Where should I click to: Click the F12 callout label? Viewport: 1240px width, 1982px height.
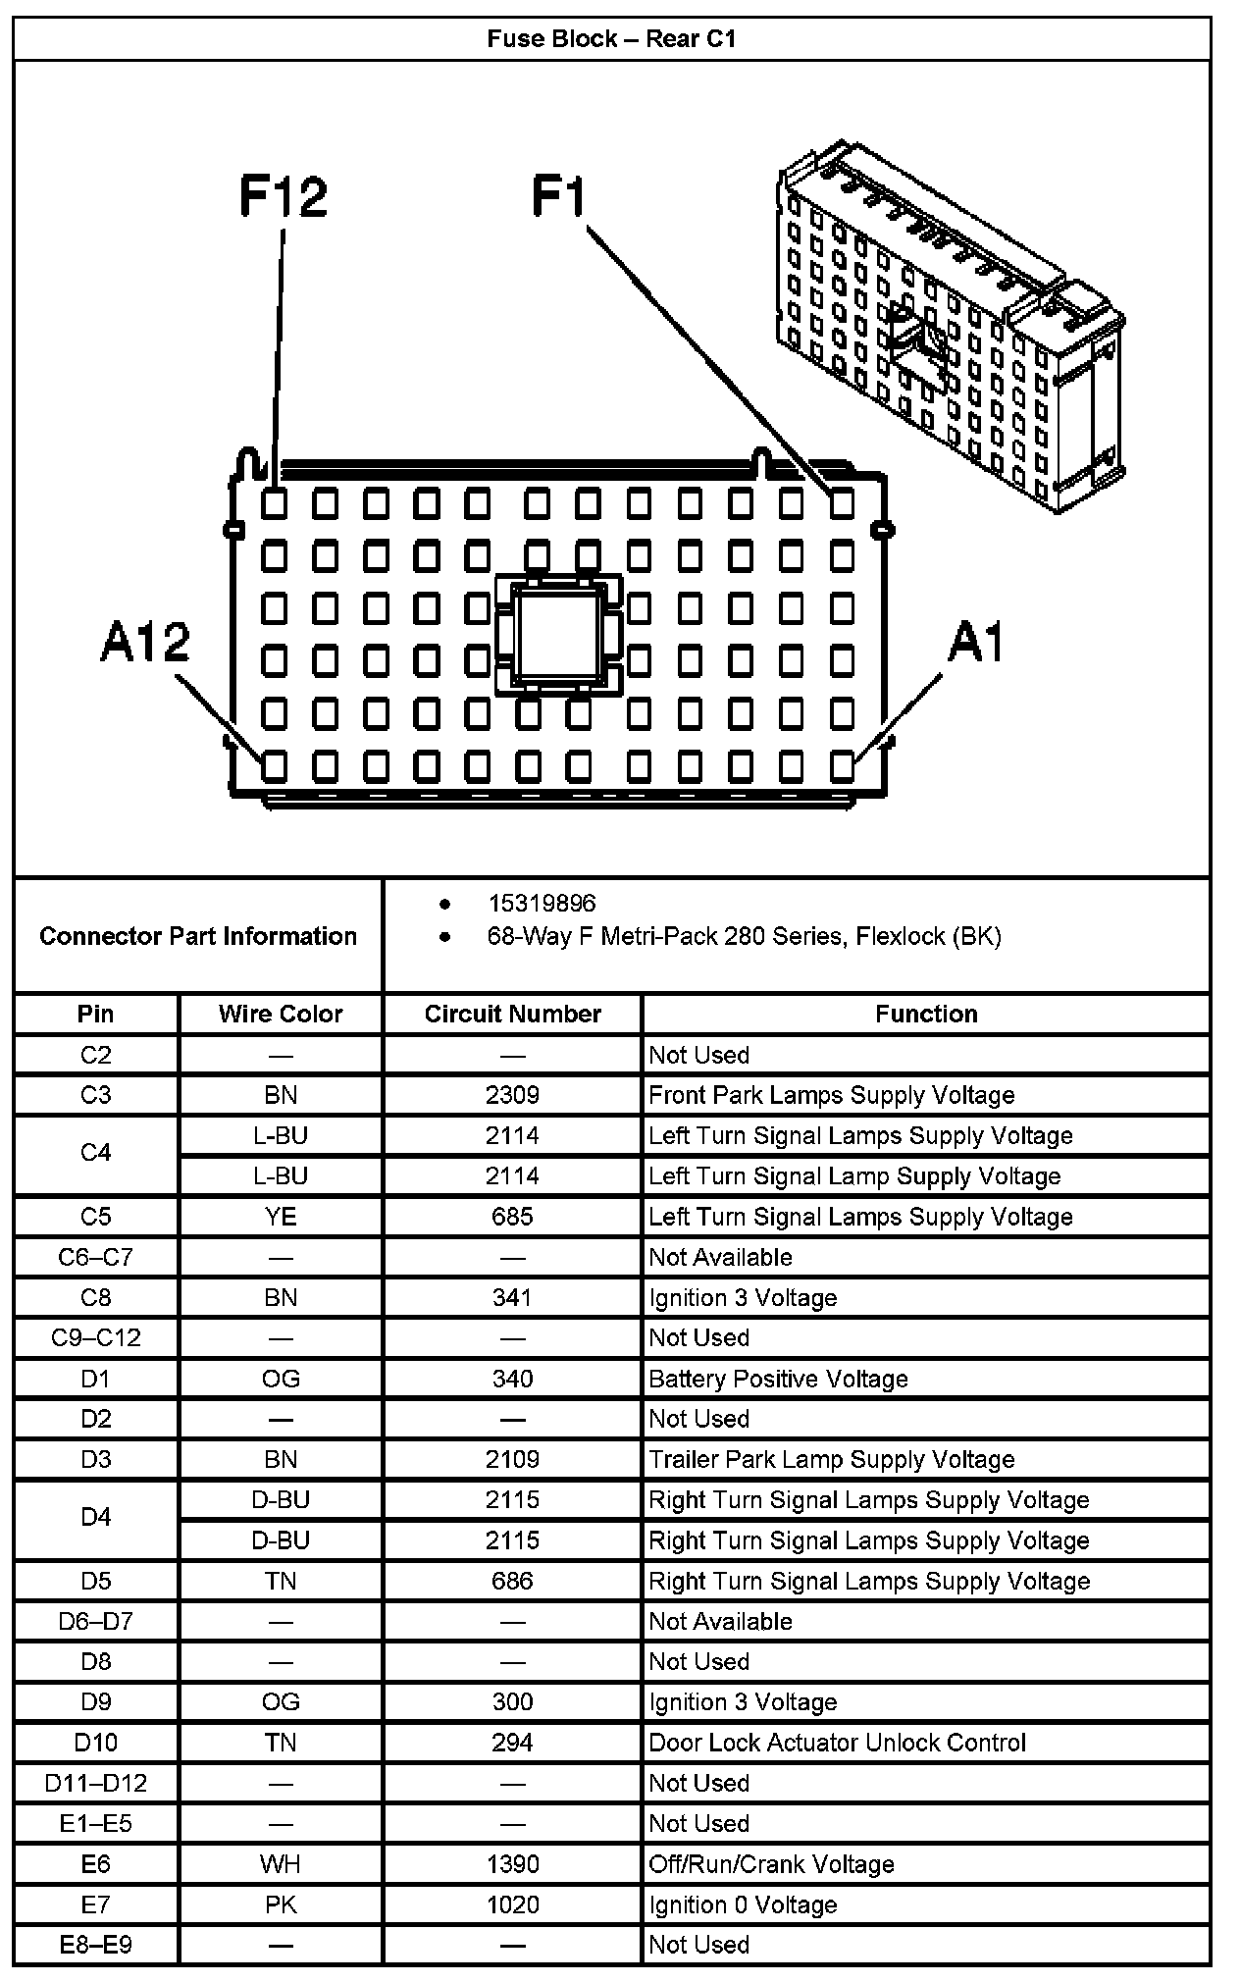coord(284,196)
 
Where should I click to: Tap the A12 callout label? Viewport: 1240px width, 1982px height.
coord(145,644)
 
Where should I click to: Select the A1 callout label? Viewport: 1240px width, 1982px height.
coord(976,644)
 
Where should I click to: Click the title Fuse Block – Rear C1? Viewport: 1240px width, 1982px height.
coord(611,39)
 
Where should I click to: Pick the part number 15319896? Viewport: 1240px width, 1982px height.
coord(542,904)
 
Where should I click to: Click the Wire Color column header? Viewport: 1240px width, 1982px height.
coord(281,1014)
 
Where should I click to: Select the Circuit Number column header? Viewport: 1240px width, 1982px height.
coord(512,1014)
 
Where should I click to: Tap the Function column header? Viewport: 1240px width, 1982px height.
coord(926,1014)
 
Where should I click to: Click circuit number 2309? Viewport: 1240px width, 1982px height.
coord(512,1095)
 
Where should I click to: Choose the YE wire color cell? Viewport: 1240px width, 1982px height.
coord(281,1217)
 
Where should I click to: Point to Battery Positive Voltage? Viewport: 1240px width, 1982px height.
coord(778,1379)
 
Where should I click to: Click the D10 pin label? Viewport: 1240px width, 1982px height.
coord(96,1743)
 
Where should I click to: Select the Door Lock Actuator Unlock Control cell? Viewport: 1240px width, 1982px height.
coord(837,1743)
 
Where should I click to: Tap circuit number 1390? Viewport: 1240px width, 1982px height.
coord(512,1864)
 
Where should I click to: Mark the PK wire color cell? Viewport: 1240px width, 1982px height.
coord(281,1904)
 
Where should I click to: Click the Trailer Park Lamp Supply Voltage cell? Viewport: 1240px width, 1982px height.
coord(831,1459)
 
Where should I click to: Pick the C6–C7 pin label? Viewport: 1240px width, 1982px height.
coord(96,1257)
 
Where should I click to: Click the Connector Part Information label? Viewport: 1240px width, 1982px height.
coord(198,936)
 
